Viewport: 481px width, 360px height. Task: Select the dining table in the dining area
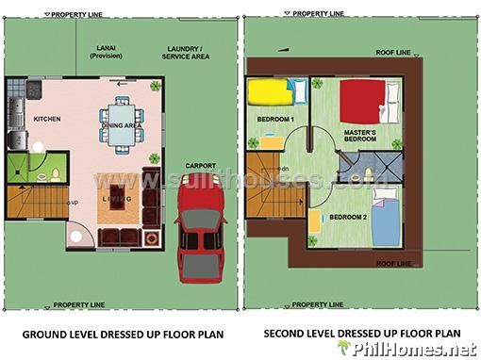pos(123,133)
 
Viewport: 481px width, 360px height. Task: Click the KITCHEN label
pos(47,121)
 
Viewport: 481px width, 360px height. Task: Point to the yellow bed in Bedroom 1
pos(270,93)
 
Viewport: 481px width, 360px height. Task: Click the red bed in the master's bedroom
pos(362,100)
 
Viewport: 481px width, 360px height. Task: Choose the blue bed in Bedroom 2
pos(384,218)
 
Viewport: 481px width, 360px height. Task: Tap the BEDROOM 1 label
pos(276,119)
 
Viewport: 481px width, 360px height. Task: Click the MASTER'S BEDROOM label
pos(360,136)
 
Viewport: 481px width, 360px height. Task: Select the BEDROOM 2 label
pos(348,218)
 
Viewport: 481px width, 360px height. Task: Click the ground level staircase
pos(36,202)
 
